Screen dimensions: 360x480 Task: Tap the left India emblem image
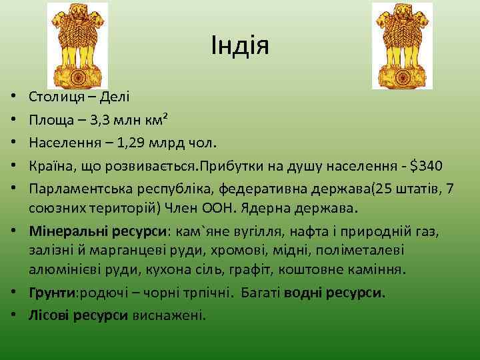point(77,45)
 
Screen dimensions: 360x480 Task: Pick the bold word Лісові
point(51,315)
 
